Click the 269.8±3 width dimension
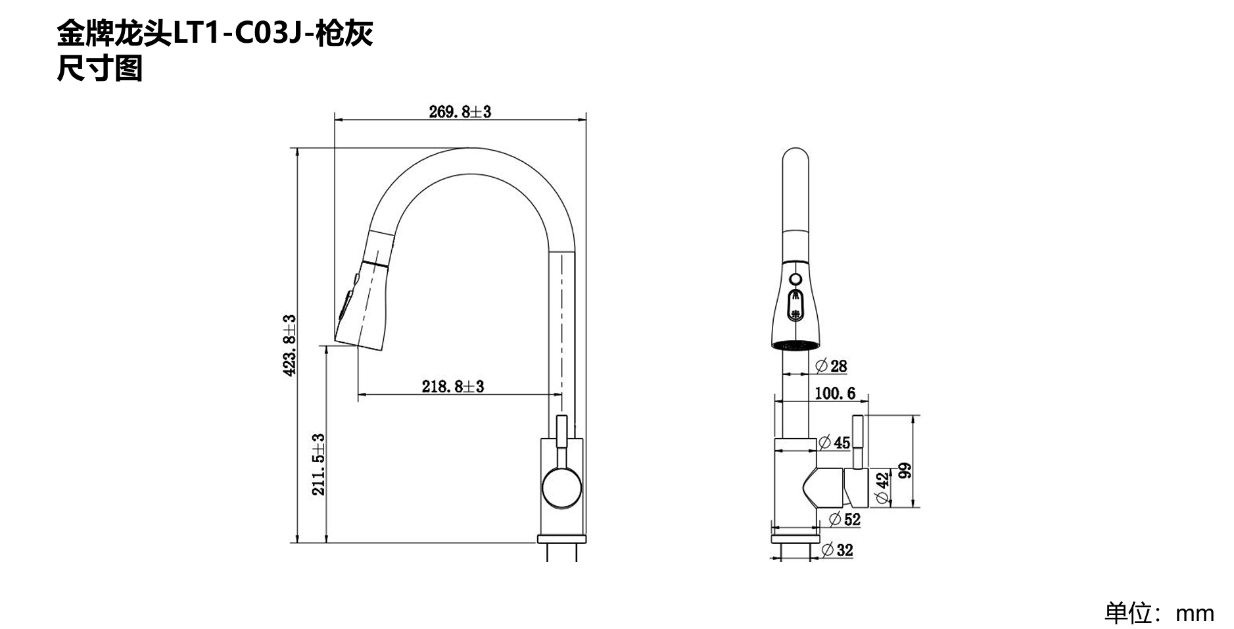(x=460, y=111)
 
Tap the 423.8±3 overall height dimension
(x=289, y=345)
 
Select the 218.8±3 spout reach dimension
(x=452, y=386)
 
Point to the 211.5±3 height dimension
(x=318, y=465)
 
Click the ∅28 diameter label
(x=831, y=366)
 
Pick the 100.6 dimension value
(x=835, y=393)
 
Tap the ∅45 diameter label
(x=834, y=442)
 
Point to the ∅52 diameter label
(x=844, y=519)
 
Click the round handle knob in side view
(x=561, y=488)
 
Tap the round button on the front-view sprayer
(x=795, y=279)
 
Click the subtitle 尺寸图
(x=99, y=68)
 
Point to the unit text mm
(x=1195, y=613)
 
